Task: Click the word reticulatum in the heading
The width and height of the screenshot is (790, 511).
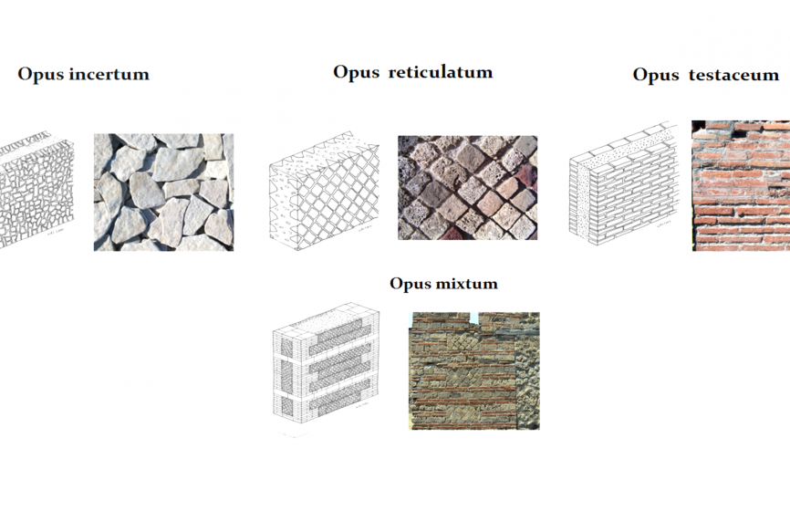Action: [441, 72]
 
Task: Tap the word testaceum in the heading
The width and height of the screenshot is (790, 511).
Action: [734, 75]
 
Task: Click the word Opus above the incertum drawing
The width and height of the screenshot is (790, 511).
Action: [41, 74]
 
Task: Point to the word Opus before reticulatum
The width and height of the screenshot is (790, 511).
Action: [356, 72]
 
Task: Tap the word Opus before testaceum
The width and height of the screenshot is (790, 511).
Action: [656, 75]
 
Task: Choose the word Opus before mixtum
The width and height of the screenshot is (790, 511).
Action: [411, 284]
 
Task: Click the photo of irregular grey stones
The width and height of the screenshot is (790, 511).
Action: [163, 192]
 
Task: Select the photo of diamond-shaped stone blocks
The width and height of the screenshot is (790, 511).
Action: [467, 187]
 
